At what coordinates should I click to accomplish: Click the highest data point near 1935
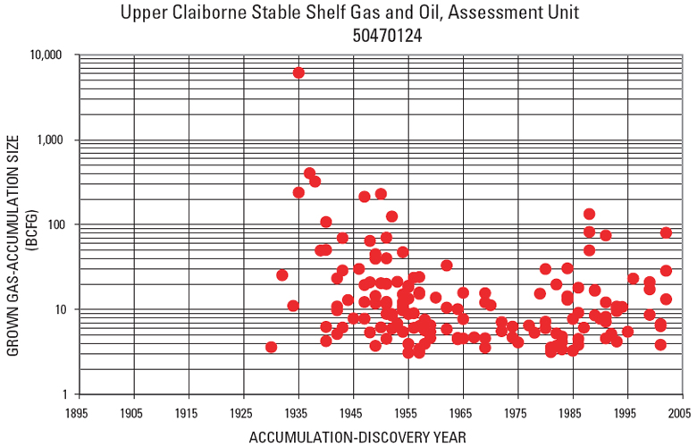298,72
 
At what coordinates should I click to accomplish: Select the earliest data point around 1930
271,347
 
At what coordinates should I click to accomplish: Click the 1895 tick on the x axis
79,412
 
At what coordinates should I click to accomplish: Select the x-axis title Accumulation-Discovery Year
357,436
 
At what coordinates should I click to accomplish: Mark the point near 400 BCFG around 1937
309,173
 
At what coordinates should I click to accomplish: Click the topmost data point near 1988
589,215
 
